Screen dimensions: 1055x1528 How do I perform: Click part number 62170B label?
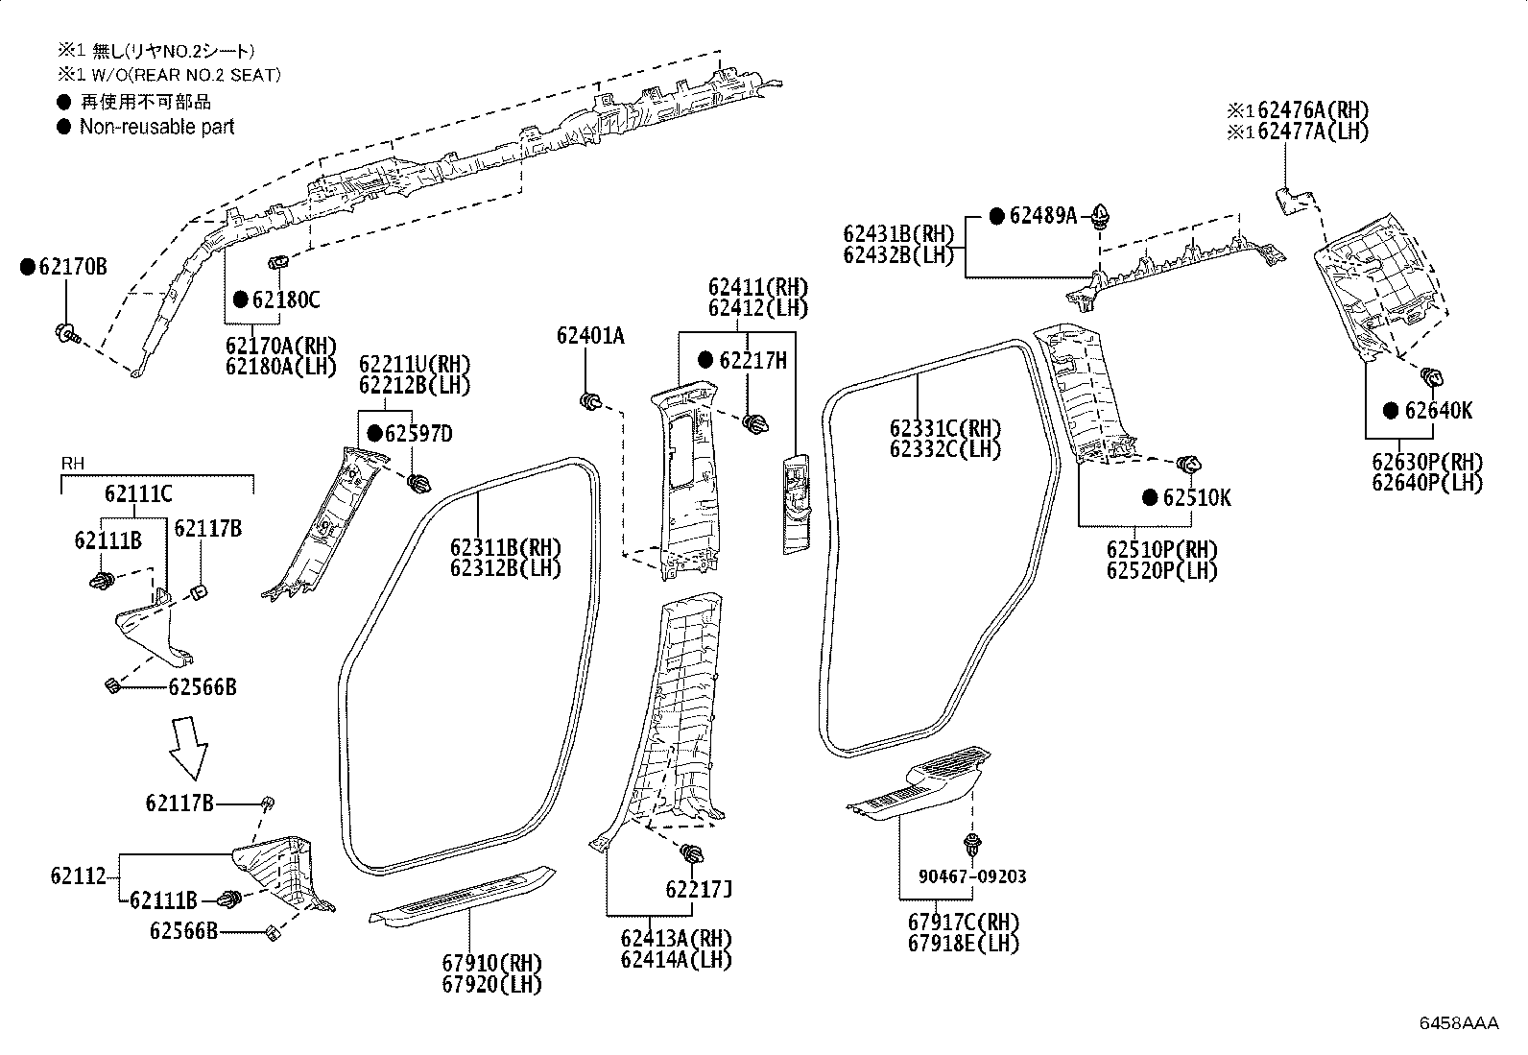coord(73,267)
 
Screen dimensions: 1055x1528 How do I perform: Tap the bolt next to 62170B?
coord(66,334)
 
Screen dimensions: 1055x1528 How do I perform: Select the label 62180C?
coord(285,300)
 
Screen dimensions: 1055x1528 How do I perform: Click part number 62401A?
coord(589,335)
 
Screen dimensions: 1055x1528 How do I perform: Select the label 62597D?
coord(418,434)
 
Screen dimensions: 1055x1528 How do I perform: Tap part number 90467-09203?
coord(971,876)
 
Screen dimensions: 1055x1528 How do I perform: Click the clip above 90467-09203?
coord(973,845)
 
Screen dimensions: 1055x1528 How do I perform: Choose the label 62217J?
coord(699,890)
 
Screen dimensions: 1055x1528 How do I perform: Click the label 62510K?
coord(1196,497)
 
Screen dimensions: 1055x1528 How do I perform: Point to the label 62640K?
coord(1437,411)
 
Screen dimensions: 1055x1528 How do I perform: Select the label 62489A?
coord(1043,216)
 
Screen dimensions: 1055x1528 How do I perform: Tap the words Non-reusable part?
coord(156,127)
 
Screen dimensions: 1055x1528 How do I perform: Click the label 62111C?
coord(138,494)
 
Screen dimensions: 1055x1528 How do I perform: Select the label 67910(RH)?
coord(491,963)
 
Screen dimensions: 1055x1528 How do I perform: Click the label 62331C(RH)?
coord(944,428)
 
